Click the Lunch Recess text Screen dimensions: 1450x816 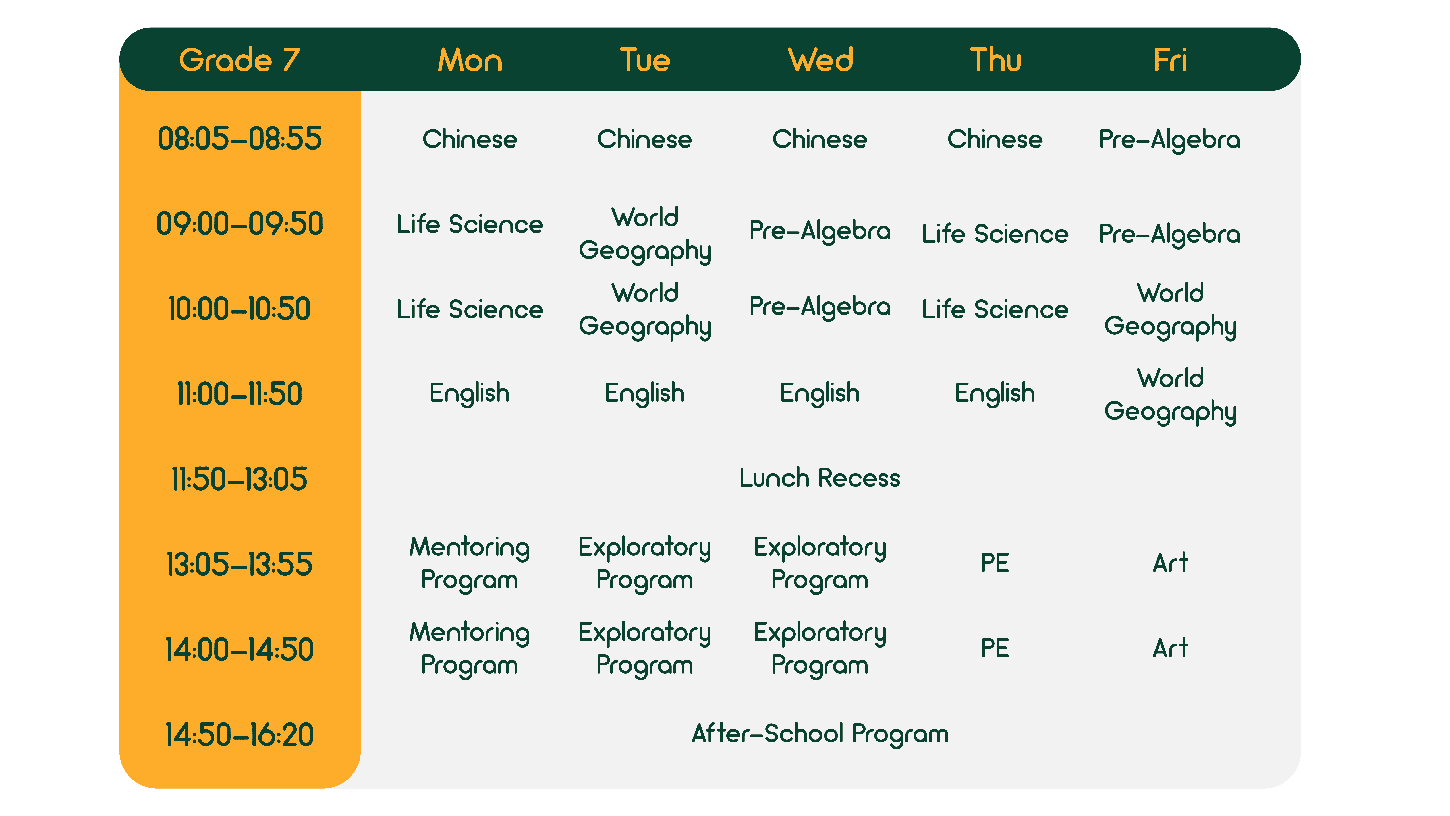coord(820,478)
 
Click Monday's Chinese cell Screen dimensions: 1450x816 coord(469,139)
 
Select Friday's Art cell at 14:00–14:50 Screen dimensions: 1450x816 coord(1170,648)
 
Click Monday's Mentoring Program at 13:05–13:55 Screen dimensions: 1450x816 coord(469,564)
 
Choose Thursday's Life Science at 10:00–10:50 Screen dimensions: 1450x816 coord(995,309)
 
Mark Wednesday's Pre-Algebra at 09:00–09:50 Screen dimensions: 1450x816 coord(820,231)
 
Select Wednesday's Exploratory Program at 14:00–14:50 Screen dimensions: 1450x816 coord(820,649)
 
